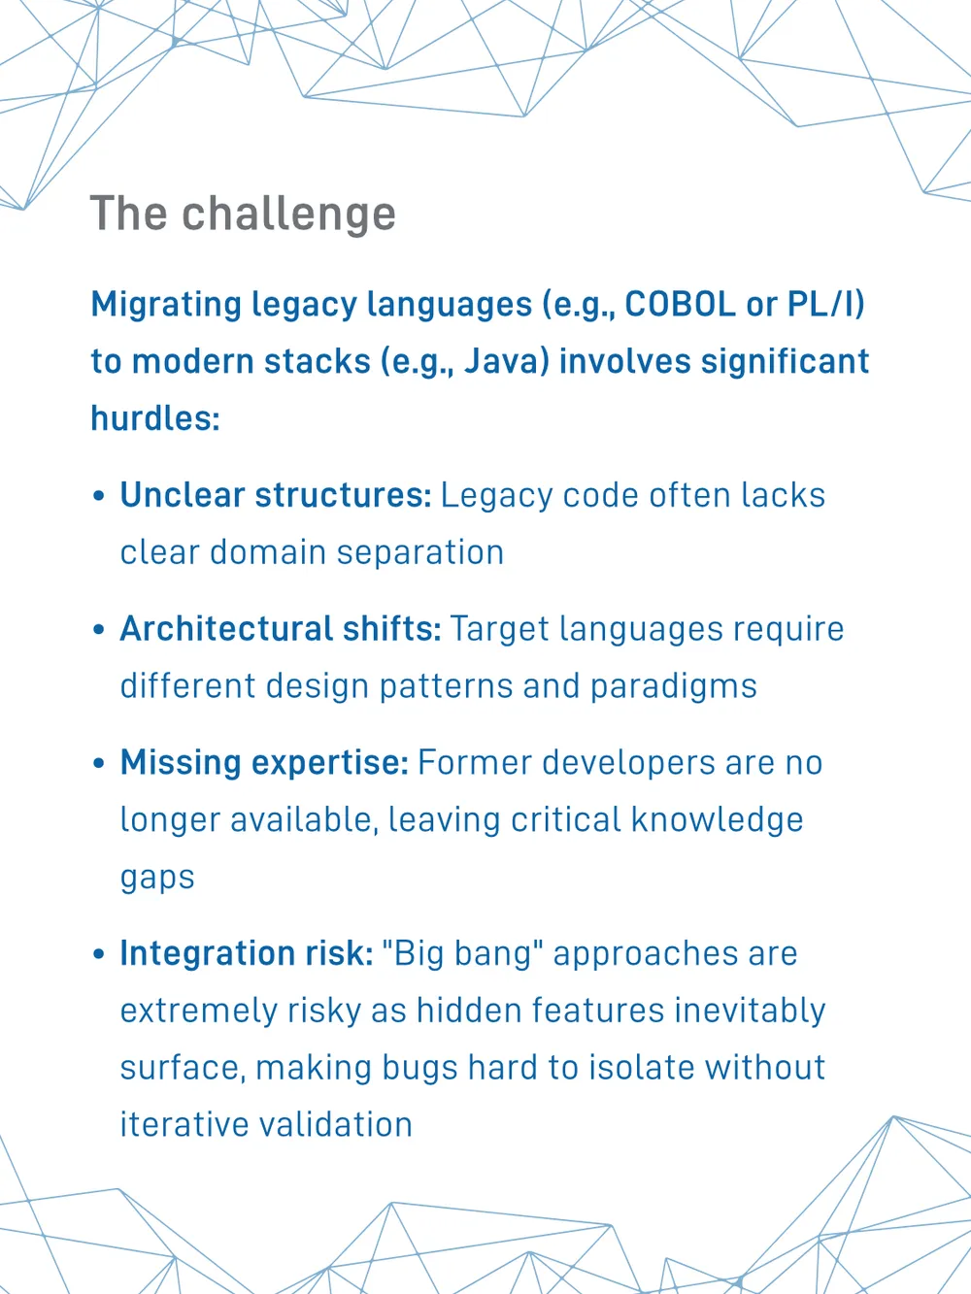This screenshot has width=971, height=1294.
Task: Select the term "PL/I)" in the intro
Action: click(x=826, y=305)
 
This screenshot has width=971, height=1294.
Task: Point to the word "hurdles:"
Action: click(x=155, y=418)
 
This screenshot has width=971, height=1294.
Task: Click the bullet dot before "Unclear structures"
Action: click(x=99, y=496)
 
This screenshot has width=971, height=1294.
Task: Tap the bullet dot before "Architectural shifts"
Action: click(x=99, y=630)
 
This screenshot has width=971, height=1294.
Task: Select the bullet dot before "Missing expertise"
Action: click(x=99, y=763)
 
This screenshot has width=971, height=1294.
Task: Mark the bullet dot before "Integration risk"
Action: click(x=99, y=954)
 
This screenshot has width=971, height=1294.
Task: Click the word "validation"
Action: click(x=336, y=1125)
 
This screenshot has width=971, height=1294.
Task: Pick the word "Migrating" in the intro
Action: click(x=166, y=306)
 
